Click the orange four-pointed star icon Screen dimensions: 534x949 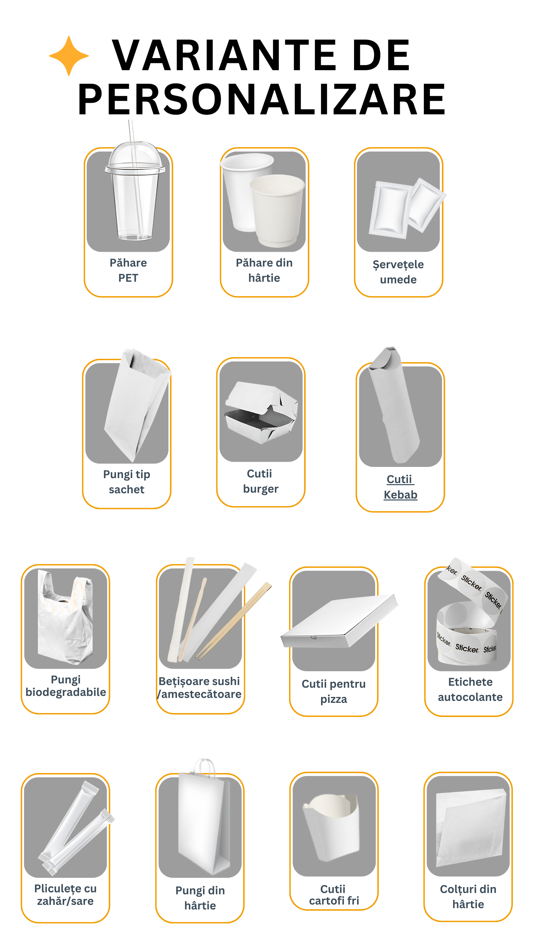pyautogui.click(x=69, y=56)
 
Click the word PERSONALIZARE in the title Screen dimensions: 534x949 pyautogui.click(x=262, y=99)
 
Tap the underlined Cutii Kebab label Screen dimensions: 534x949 pyautogui.click(x=400, y=487)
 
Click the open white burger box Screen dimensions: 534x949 pyautogui.click(x=261, y=413)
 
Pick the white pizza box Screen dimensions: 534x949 pyautogui.click(x=339, y=621)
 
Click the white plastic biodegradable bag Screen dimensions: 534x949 pyautogui.click(x=65, y=617)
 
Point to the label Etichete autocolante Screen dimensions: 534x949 pyautogui.click(x=470, y=689)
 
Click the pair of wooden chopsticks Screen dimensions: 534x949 pyautogui.click(x=234, y=620)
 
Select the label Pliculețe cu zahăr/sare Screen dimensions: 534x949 pyautogui.click(x=65, y=895)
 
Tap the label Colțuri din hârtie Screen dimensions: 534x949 pyautogui.click(x=468, y=896)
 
